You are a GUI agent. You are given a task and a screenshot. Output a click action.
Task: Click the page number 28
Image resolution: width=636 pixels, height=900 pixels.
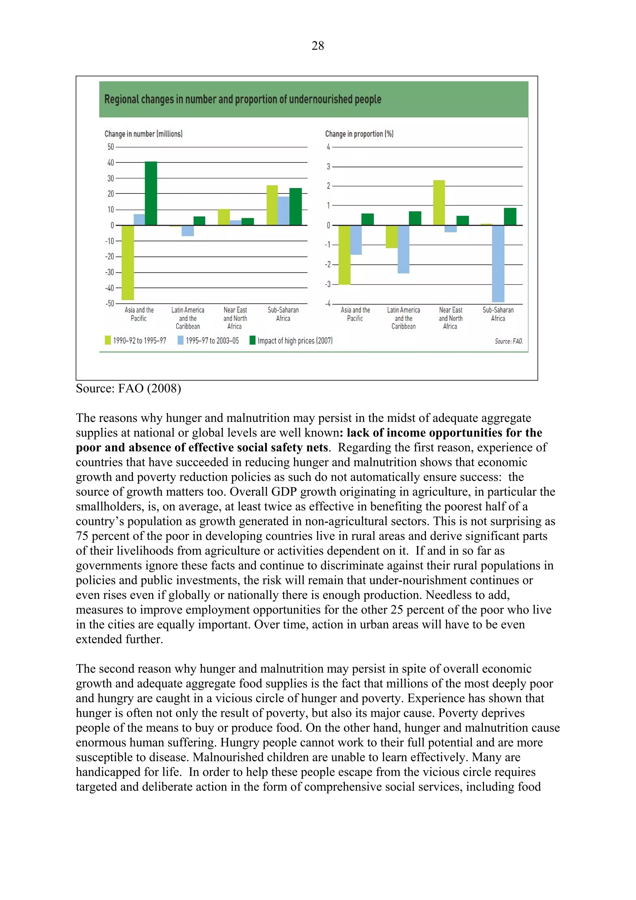(318, 46)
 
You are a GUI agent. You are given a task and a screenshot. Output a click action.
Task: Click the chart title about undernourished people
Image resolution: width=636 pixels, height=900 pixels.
(243, 99)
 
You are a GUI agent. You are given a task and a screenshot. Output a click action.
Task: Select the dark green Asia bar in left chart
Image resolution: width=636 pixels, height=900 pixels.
(151, 193)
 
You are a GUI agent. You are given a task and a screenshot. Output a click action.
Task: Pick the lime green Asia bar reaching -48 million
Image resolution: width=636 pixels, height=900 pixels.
(128, 262)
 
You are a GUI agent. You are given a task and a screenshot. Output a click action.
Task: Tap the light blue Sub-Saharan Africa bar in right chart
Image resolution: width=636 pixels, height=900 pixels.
(498, 263)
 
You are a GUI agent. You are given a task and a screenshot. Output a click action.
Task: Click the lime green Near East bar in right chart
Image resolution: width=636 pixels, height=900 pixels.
(439, 203)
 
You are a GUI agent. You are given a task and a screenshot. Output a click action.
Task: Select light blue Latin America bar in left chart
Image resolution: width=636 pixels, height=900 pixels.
(188, 231)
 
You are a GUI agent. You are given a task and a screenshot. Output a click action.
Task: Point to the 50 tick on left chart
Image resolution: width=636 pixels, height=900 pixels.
(111, 147)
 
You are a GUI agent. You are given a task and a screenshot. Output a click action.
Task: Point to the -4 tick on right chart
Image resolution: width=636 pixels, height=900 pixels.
(328, 304)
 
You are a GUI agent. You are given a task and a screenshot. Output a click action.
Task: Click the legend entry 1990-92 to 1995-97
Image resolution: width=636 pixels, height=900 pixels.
(136, 340)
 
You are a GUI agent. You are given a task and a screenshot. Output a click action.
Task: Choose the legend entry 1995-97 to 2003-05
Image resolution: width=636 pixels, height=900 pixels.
(208, 340)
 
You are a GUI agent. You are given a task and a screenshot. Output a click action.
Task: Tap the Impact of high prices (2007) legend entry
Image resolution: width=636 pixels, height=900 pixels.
(291, 340)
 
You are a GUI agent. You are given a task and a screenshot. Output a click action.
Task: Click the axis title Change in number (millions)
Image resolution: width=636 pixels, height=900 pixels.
(143, 134)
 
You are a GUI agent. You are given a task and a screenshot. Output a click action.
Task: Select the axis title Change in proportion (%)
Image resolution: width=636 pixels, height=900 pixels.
(359, 134)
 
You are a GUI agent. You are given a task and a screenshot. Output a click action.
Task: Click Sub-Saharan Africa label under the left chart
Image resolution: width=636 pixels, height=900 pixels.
(283, 314)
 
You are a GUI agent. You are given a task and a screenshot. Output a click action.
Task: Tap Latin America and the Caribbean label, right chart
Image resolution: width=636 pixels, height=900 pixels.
(403, 318)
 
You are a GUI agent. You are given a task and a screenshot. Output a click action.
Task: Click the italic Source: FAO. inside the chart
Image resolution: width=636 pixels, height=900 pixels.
(508, 341)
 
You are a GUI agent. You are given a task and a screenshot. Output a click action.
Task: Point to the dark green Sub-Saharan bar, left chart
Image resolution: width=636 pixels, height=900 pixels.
(295, 207)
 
